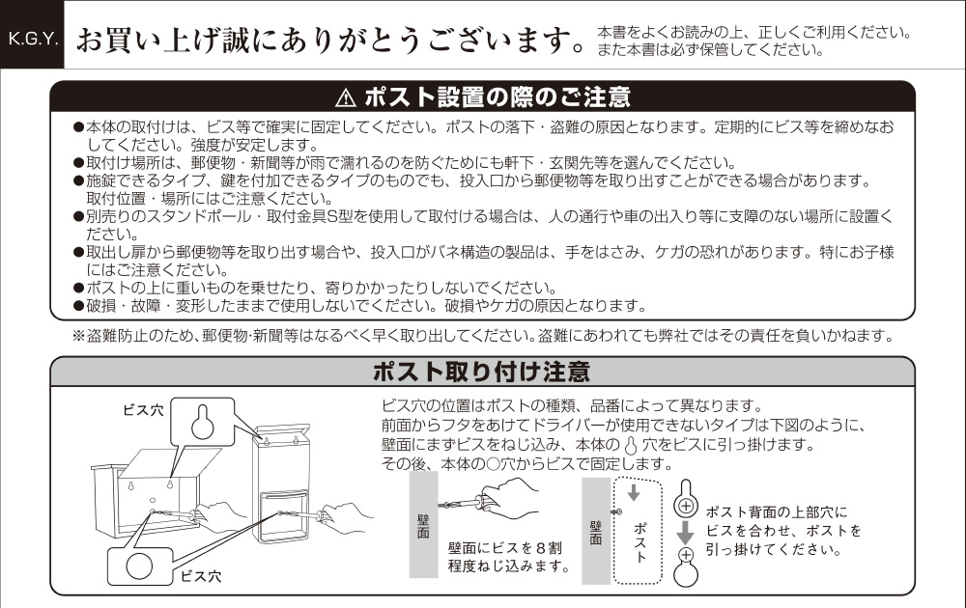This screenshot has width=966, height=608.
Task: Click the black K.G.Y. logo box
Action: click(32, 35)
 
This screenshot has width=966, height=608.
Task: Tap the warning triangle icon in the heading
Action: click(346, 97)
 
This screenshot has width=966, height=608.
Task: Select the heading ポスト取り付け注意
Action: click(482, 372)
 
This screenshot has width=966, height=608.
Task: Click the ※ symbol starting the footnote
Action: click(78, 336)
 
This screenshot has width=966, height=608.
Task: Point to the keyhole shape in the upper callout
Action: click(202, 422)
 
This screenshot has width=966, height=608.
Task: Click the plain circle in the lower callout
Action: click(139, 567)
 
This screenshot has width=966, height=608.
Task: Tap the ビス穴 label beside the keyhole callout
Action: click(144, 410)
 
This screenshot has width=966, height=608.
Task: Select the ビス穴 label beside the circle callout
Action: click(200, 576)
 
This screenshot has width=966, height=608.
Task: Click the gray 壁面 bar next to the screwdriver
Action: click(423, 524)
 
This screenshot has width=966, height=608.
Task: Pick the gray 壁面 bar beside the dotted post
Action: click(596, 531)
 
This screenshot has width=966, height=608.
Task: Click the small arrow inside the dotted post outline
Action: click(634, 493)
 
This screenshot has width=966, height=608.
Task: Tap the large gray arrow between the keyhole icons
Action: click(686, 533)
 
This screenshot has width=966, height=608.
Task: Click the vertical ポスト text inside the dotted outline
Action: click(640, 542)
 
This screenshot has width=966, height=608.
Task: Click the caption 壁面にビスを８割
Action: click(504, 548)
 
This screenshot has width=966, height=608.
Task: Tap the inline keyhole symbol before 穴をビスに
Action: click(631, 445)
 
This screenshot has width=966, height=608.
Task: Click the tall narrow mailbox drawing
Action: click(282, 484)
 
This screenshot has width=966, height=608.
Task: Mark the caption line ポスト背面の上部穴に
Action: click(777, 512)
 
